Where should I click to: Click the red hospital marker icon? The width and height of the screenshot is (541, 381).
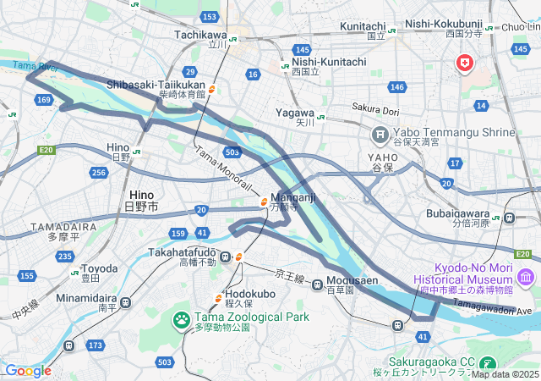click(464, 63)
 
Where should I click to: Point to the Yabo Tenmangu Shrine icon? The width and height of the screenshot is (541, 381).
click(380, 134)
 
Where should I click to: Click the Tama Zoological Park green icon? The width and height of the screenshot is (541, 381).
click(181, 320)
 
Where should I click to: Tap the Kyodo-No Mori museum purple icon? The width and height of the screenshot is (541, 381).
click(525, 277)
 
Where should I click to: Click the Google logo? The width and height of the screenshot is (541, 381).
click(28, 370)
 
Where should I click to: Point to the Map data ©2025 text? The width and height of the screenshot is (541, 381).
click(505, 374)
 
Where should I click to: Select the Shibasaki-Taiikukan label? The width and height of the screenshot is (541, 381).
click(156, 86)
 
